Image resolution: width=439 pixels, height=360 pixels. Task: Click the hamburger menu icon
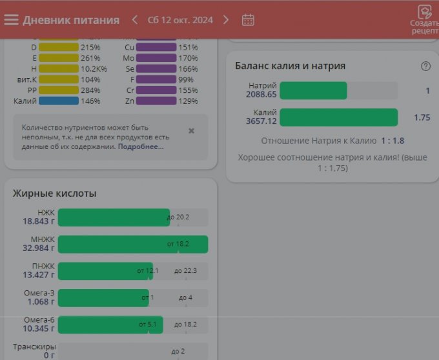pyautogui.click(x=11, y=19)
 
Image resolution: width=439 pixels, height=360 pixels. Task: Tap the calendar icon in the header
pyautogui.click(x=248, y=19)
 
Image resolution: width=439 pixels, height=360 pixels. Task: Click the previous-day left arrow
pyautogui.click(x=135, y=19)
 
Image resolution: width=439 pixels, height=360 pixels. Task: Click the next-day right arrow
pyautogui.click(x=226, y=19)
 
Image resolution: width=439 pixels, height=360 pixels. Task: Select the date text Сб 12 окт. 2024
pyautogui.click(x=180, y=20)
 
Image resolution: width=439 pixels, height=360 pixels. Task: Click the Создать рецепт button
pyautogui.click(x=424, y=19)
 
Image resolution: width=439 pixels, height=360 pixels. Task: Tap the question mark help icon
pyautogui.click(x=425, y=66)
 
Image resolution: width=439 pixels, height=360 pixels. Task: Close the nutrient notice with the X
pyautogui.click(x=191, y=130)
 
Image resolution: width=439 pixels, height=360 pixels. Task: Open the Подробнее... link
pyautogui.click(x=141, y=146)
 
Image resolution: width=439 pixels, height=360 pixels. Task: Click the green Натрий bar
pyautogui.click(x=313, y=91)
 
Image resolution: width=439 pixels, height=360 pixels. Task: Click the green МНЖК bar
pyautogui.click(x=132, y=244)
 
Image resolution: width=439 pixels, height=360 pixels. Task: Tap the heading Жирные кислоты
pyautogui.click(x=54, y=193)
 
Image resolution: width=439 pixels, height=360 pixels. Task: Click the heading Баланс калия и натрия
pyautogui.click(x=290, y=66)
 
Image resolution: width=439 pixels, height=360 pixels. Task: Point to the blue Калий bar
pyautogui.click(x=59, y=101)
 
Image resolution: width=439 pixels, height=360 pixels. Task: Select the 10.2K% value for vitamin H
pyautogui.click(x=94, y=68)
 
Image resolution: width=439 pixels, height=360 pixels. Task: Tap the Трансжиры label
pyautogui.click(x=34, y=346)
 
